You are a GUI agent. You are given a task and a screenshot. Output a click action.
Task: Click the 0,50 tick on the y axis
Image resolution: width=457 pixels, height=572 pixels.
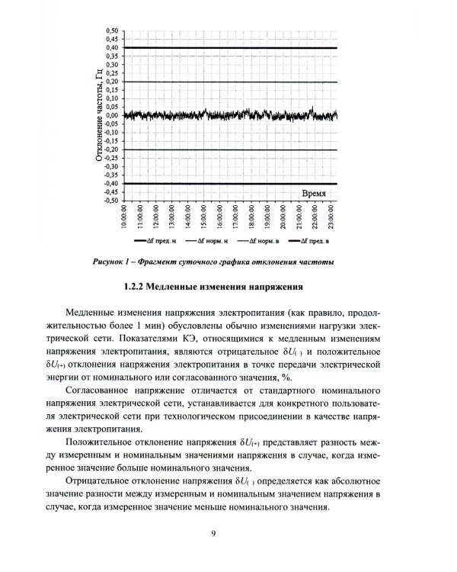click(111, 31)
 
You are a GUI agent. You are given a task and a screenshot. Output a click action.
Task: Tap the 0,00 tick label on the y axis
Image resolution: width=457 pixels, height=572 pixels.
click(111, 116)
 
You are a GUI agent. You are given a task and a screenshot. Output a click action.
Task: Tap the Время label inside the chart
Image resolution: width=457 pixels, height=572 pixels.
click(315, 194)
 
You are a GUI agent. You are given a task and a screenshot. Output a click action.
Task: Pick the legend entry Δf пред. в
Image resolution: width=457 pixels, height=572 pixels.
click(313, 242)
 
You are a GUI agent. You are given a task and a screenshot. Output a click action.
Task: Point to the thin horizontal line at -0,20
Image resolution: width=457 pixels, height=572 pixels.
click(228, 149)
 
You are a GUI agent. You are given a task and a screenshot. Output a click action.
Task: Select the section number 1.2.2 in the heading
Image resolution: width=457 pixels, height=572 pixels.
click(136, 288)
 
